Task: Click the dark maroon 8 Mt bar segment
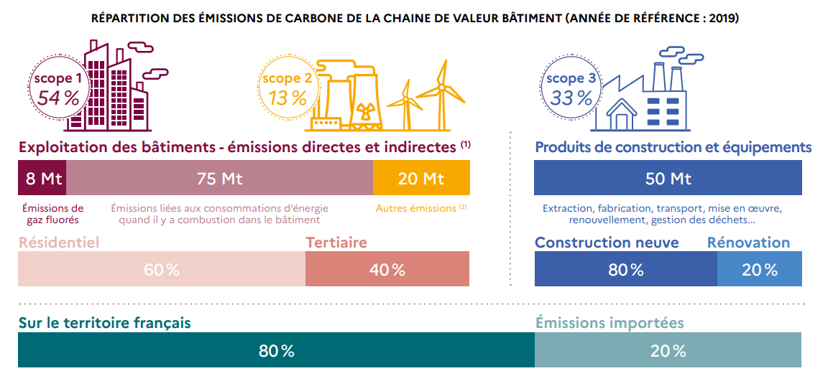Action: (x=42, y=178)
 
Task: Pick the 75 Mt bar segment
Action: (x=219, y=178)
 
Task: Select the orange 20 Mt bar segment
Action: (x=421, y=178)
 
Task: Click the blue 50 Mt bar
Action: (x=668, y=178)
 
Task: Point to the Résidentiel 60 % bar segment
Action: (x=162, y=270)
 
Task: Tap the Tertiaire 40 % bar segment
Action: (x=387, y=270)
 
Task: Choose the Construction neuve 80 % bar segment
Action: (x=625, y=270)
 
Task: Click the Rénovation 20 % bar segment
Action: (x=760, y=270)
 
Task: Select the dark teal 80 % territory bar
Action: (x=276, y=351)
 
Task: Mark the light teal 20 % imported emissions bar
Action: (x=668, y=351)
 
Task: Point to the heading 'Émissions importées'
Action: (x=609, y=323)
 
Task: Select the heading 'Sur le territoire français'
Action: (x=104, y=323)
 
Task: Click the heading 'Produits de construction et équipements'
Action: (x=673, y=147)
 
